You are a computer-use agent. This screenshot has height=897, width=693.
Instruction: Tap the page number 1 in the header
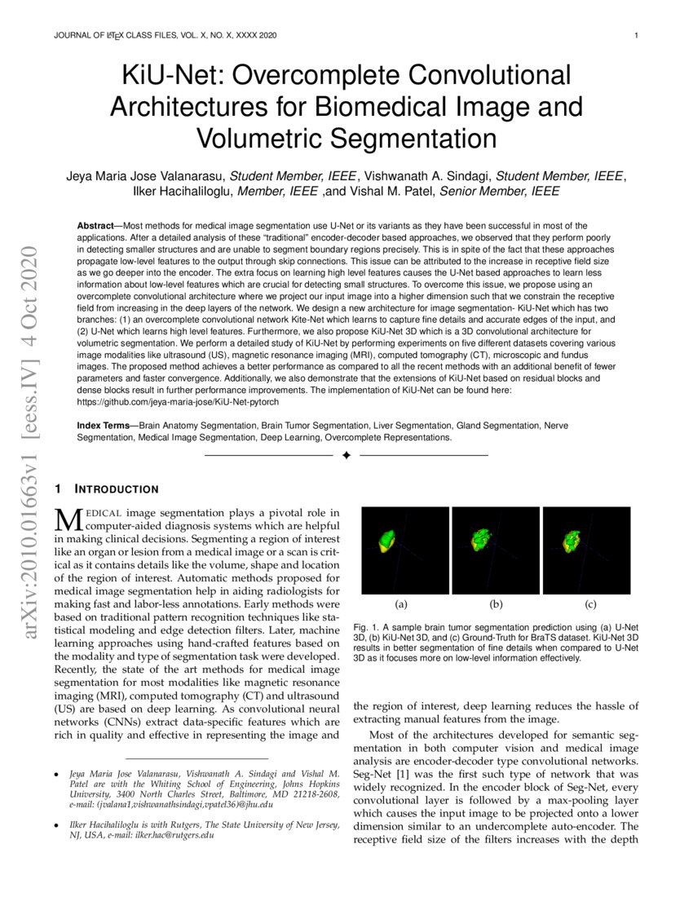tap(635, 36)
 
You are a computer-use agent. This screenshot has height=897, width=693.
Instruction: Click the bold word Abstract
tap(95, 225)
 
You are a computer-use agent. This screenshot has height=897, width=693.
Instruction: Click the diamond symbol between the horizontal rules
tap(346, 455)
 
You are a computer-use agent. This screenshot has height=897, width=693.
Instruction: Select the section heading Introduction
tap(117, 489)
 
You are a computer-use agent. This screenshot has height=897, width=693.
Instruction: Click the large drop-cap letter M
tap(65, 519)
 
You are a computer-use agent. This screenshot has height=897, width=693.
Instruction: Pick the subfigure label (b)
tap(496, 604)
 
